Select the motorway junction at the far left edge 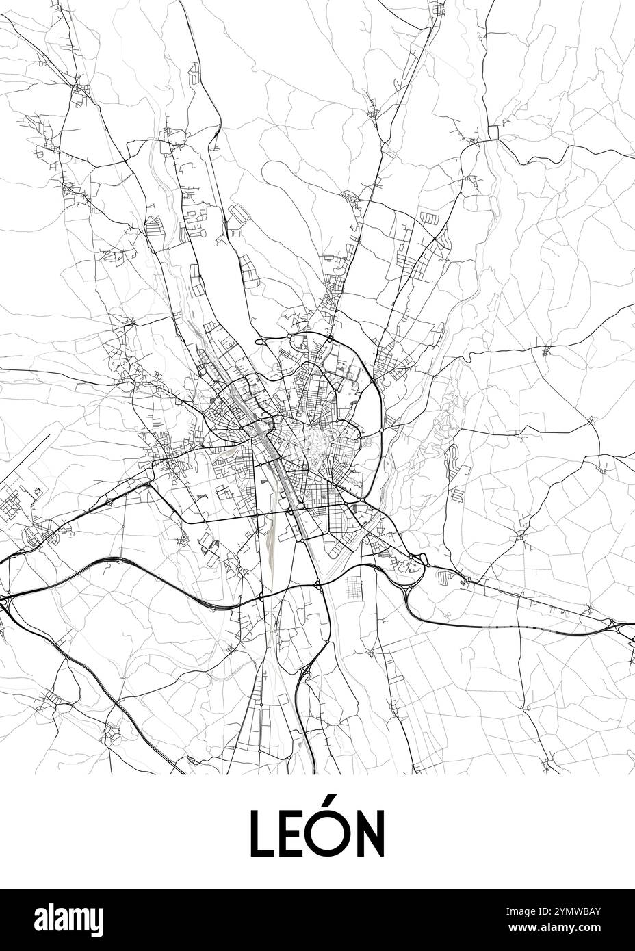coord(5,599)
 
